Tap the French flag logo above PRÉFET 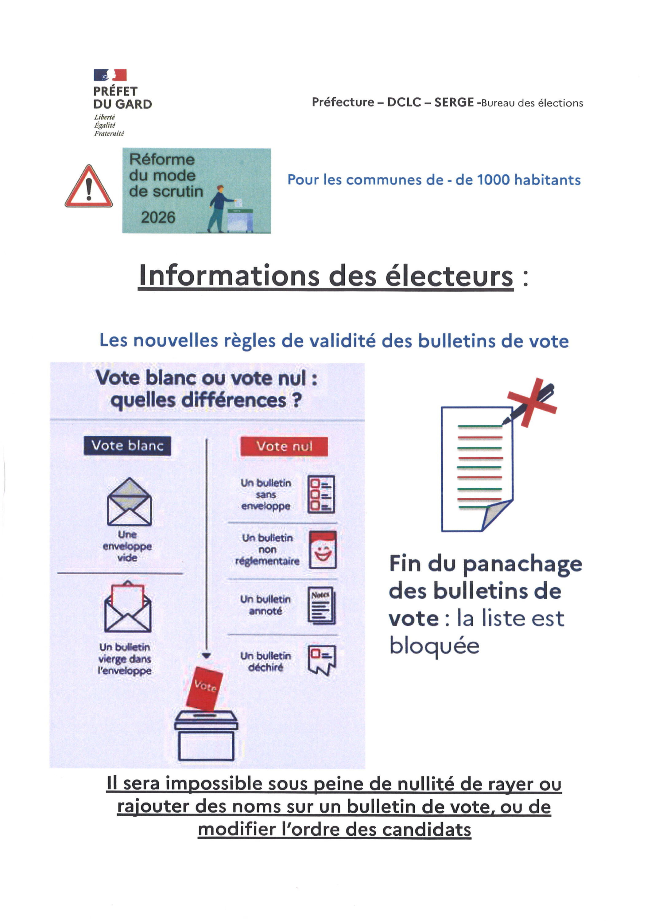click(x=110, y=75)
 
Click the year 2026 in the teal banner click(x=158, y=217)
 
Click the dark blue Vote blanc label click(x=127, y=446)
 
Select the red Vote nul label click(x=284, y=446)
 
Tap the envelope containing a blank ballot click(x=128, y=607)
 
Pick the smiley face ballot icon click(x=323, y=550)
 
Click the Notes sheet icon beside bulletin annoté click(x=321, y=606)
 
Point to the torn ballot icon click(x=322, y=660)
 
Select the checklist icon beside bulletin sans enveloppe click(x=321, y=494)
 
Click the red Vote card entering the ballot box click(x=204, y=688)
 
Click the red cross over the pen click(x=532, y=402)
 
